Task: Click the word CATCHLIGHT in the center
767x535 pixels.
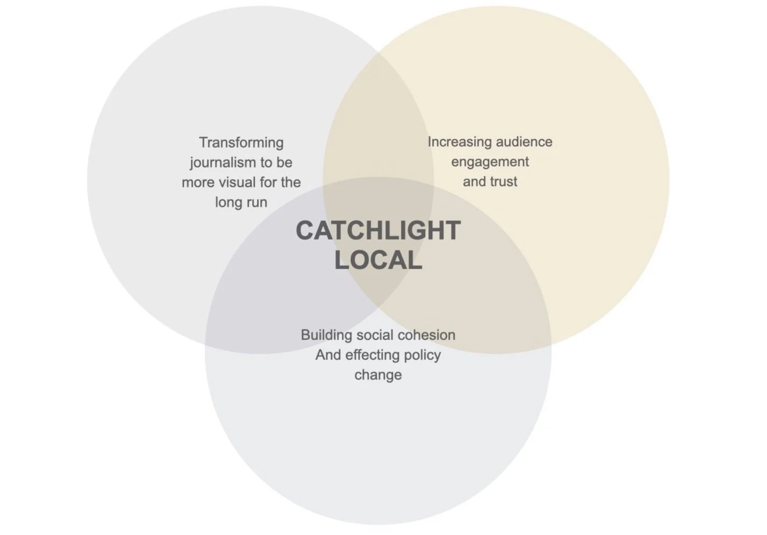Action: [x=378, y=230]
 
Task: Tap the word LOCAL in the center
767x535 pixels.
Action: [x=378, y=261]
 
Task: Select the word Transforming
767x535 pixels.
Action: [x=241, y=143]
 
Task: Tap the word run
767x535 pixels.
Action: [x=256, y=203]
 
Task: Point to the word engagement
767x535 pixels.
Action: [x=490, y=162]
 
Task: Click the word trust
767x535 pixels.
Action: [x=504, y=182]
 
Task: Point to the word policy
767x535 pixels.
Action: [x=421, y=355]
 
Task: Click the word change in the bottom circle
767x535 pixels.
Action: [x=378, y=375]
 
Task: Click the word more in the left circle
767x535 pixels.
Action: [x=198, y=183]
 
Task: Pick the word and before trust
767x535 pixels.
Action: [x=474, y=182]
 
